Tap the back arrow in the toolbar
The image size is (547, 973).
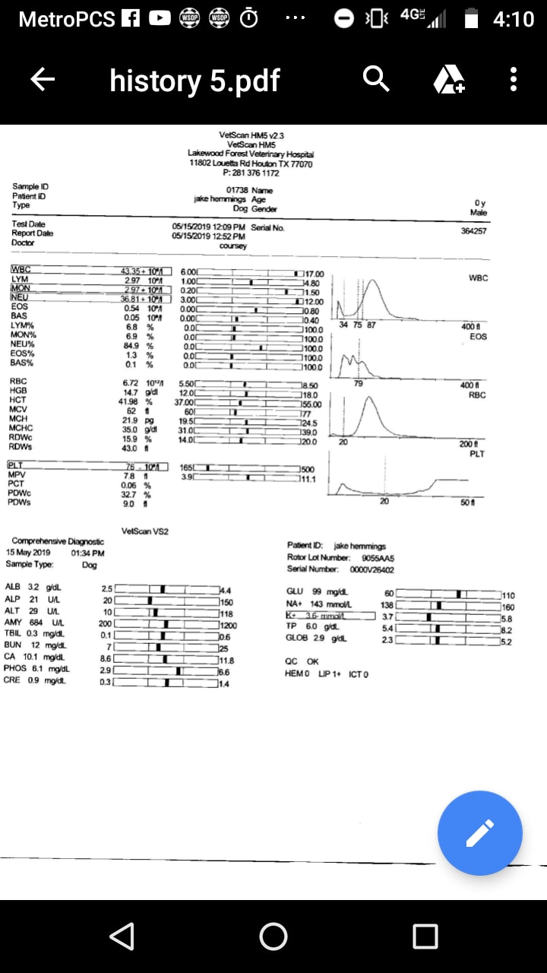[x=43, y=79]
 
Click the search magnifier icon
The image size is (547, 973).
[x=376, y=78]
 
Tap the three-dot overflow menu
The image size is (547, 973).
[x=514, y=79]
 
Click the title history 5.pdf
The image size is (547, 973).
[x=194, y=80]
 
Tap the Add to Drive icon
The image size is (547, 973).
[x=448, y=79]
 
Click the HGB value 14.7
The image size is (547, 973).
[x=131, y=391]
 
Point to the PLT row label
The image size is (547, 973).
[x=17, y=465]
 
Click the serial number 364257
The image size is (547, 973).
[x=473, y=230]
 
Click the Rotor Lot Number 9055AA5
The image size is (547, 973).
[x=378, y=557]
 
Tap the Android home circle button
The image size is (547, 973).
[x=273, y=937]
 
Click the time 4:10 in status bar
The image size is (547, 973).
[x=513, y=19]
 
